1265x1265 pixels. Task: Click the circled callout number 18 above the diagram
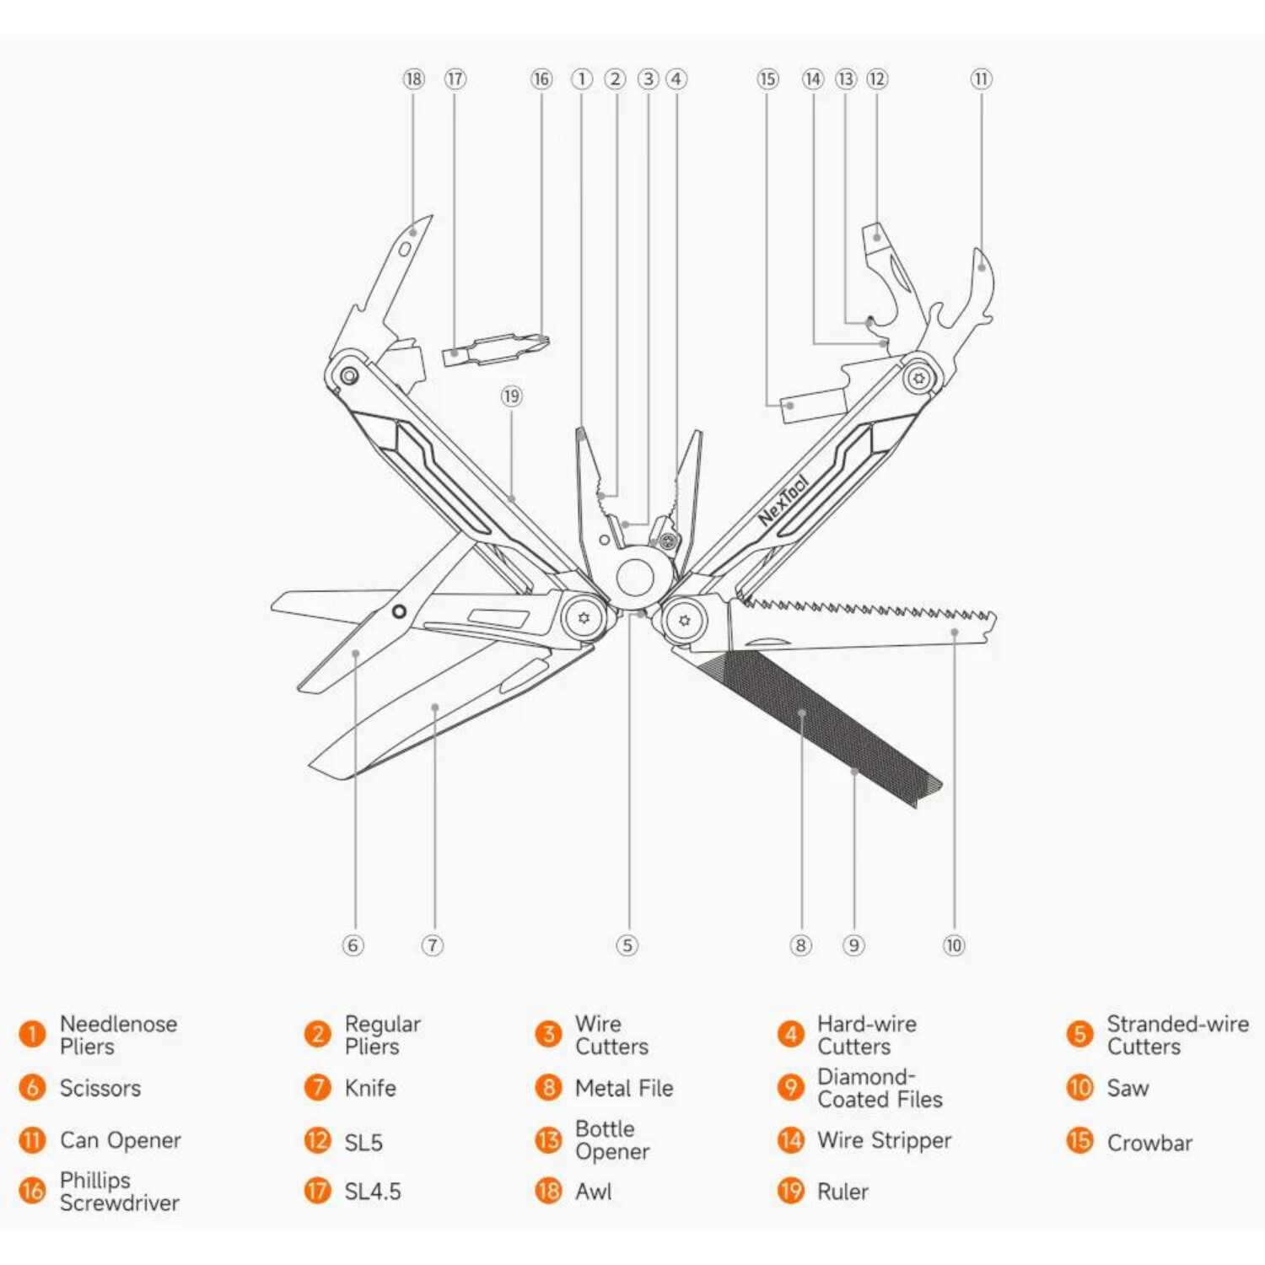413,79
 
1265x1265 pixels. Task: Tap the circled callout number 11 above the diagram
981,79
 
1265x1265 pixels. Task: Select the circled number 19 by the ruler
511,396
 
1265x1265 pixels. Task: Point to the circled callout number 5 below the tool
627,945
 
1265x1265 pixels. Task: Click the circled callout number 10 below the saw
953,945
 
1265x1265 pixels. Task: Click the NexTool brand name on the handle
783,501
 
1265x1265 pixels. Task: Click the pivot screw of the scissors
399,611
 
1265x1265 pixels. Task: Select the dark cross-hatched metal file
810,717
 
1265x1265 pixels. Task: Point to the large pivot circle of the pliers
635,578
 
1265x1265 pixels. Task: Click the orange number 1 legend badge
32,1034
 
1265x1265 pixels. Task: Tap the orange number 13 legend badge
548,1140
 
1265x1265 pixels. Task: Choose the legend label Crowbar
1149,1143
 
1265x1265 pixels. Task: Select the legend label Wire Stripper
884,1140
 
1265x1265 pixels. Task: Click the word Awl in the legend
594,1192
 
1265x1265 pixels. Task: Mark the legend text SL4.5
372,1192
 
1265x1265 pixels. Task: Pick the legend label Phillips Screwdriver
119,1191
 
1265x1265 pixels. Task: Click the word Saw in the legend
1128,1088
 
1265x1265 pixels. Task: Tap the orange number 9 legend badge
790,1087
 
